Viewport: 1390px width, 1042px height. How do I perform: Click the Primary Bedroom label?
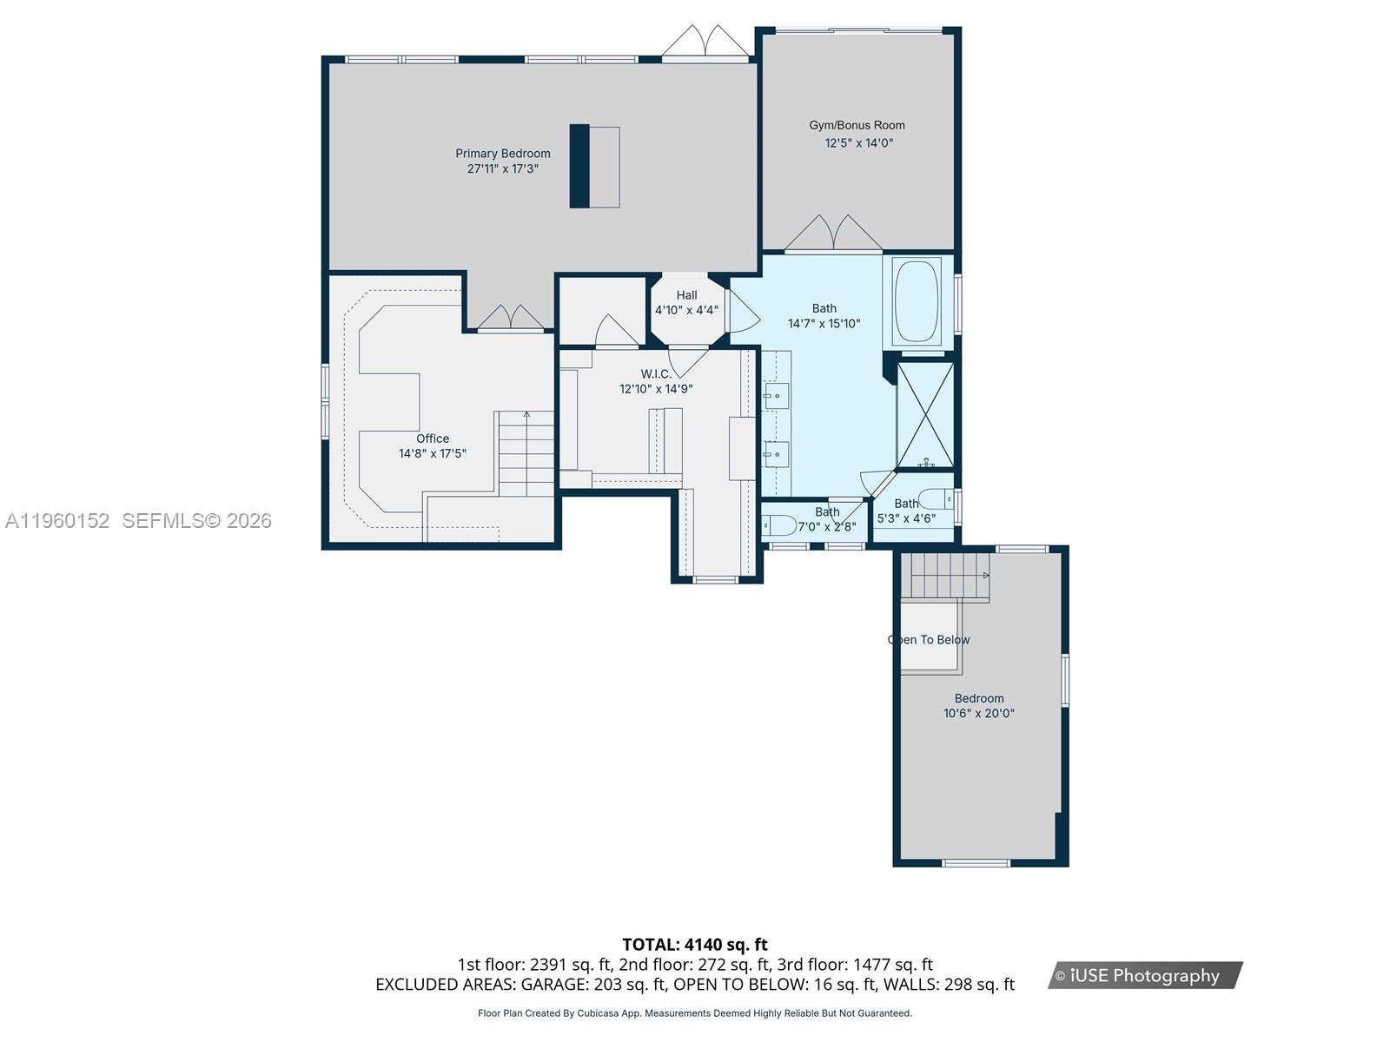pos(503,154)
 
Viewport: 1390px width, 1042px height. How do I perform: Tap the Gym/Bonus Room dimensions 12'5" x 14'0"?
pos(858,143)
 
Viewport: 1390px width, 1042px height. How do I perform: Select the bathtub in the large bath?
pos(917,301)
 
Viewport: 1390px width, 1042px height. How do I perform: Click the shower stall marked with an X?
pos(925,416)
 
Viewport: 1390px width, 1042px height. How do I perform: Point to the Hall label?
pos(686,295)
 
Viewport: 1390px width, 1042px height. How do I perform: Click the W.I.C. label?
pos(656,374)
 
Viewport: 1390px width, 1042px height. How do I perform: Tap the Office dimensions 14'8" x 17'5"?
pos(433,453)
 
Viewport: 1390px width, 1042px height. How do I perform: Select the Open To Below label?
pos(929,640)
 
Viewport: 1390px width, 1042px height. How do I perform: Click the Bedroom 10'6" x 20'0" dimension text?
pos(979,714)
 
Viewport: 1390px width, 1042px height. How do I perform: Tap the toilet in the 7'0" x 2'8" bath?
pos(779,525)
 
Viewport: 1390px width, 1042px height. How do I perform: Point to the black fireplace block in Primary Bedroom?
pos(579,167)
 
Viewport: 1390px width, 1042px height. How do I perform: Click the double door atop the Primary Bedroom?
pos(705,43)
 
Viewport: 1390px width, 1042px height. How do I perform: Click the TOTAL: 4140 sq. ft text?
pos(694,944)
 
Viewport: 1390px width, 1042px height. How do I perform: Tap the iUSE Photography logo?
pos(1144,975)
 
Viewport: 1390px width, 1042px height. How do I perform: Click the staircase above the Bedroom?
pos(946,576)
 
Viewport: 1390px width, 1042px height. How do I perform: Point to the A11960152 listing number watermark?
pos(57,521)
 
